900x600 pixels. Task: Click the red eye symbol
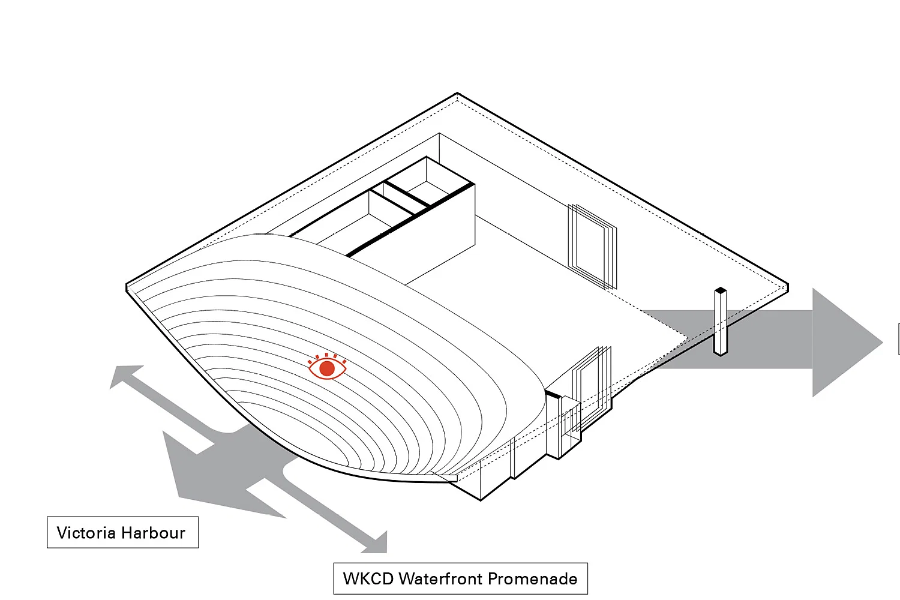(327, 367)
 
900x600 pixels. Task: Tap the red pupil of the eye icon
(327, 368)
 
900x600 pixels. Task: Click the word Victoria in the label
(86, 533)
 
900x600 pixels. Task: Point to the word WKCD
(368, 579)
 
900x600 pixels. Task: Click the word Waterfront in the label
(441, 579)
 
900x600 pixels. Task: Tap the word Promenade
(533, 579)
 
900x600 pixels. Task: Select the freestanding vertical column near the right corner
(721, 324)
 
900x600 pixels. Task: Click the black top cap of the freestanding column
(721, 292)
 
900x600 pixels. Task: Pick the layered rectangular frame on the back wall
(592, 246)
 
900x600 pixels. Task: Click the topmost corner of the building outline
(457, 94)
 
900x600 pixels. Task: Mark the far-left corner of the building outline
(127, 287)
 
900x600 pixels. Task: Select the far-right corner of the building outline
(787, 287)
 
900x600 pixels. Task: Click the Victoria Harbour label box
(122, 532)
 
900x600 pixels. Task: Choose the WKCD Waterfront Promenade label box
(460, 579)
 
